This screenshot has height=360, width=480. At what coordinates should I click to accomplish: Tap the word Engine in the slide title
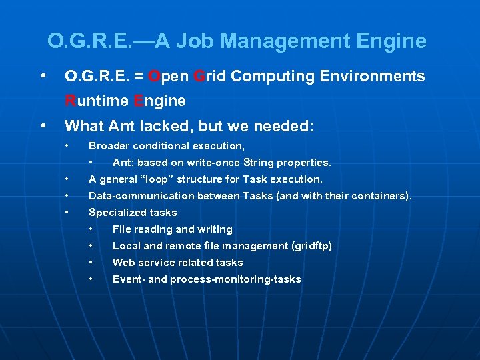pos(392,42)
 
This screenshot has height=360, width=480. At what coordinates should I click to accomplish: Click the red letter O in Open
pos(154,77)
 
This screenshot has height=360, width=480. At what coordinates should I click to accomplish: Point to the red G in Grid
pos(199,77)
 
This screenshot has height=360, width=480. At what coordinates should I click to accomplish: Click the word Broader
pos(110,146)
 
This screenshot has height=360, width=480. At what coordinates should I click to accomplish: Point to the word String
pos(262,163)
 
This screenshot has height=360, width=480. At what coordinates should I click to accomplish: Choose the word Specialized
pos(117,213)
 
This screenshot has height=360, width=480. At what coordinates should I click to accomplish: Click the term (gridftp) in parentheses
pos(312,246)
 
